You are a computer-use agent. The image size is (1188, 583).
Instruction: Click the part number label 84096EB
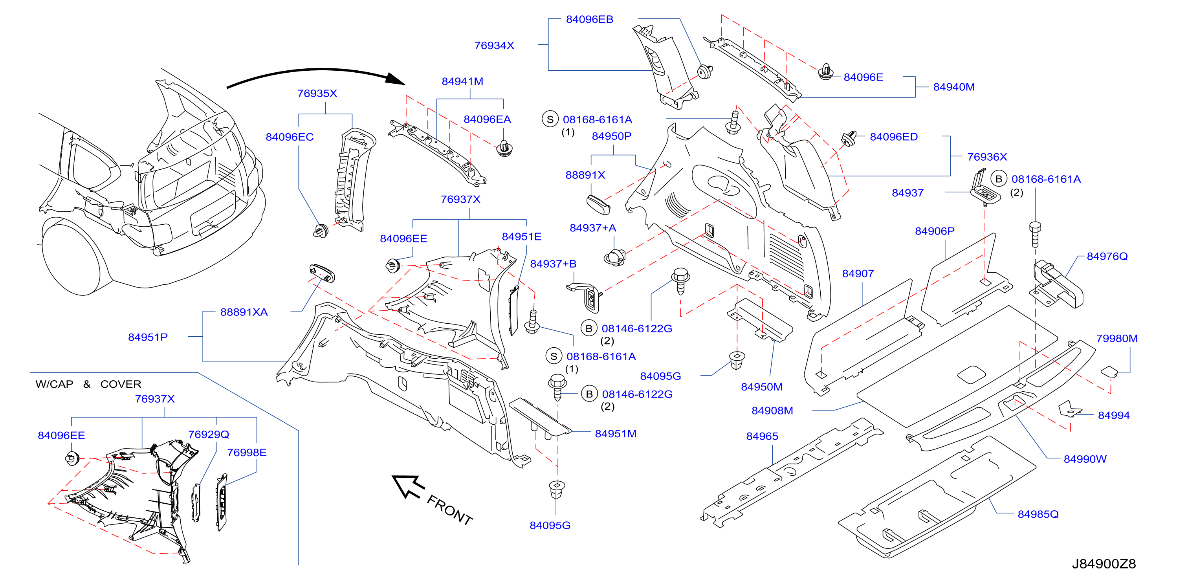pyautogui.click(x=589, y=19)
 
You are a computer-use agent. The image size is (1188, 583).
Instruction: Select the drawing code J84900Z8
pyautogui.click(x=1104, y=564)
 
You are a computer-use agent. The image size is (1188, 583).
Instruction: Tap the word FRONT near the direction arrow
pyautogui.click(x=450, y=510)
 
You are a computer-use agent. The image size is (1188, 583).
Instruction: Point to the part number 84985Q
pyautogui.click(x=1038, y=514)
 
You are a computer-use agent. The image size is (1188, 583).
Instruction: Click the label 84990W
pyautogui.click(x=1085, y=459)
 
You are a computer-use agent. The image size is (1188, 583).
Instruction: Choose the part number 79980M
pyautogui.click(x=1116, y=339)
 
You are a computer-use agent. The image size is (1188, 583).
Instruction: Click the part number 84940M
pyautogui.click(x=954, y=87)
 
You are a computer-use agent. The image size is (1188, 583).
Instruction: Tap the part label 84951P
pyautogui.click(x=148, y=337)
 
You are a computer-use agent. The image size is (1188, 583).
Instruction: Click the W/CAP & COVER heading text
pyautogui.click(x=88, y=384)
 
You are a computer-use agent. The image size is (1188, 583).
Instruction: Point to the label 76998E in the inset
pyautogui.click(x=247, y=453)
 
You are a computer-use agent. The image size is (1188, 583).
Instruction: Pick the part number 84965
pyautogui.click(x=762, y=436)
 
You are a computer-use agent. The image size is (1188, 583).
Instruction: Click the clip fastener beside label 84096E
pyautogui.click(x=825, y=72)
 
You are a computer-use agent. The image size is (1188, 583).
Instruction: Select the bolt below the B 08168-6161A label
pyautogui.click(x=1035, y=234)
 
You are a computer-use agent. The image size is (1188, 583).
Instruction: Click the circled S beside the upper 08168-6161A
pyautogui.click(x=550, y=119)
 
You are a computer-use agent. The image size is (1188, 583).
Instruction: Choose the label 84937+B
pyautogui.click(x=553, y=264)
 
